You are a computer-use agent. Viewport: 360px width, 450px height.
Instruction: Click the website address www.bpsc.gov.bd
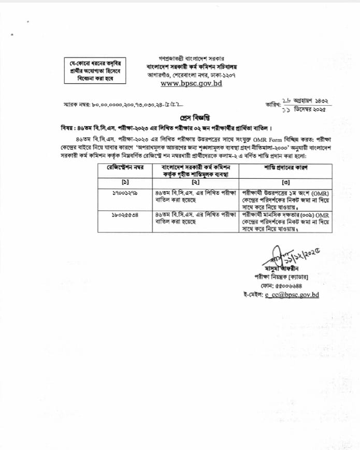[x=191, y=83]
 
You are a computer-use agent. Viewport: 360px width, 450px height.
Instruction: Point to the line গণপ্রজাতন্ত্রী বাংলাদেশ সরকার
[x=191, y=60]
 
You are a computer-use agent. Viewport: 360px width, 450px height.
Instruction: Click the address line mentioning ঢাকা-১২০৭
[x=191, y=75]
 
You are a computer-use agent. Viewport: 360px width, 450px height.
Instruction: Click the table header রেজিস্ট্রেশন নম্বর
[x=125, y=167]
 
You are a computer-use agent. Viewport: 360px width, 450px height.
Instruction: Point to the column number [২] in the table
[x=195, y=182]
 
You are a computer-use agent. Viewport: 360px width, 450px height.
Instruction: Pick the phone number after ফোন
[x=292, y=286]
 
